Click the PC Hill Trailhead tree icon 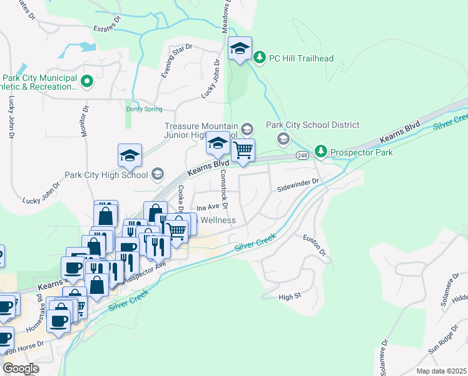[x=260, y=58]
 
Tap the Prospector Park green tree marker [x=321, y=151]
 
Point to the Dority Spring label [x=143, y=108]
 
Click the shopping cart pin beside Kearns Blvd [x=243, y=150]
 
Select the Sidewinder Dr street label [x=298, y=184]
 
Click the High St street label [x=290, y=296]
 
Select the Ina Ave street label [x=207, y=207]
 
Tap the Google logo [x=21, y=368]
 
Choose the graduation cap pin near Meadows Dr [x=239, y=50]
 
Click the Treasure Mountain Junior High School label [x=201, y=130]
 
